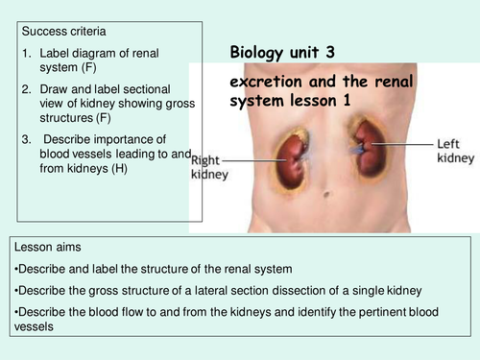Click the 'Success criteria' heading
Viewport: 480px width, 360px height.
coord(63,32)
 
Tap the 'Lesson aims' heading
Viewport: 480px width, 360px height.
coord(48,247)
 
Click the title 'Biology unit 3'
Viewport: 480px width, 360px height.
coord(282,53)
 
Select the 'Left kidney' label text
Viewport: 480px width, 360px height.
coord(456,151)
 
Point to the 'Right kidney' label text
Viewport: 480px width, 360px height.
coord(209,167)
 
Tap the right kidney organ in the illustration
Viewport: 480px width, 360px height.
coord(292,161)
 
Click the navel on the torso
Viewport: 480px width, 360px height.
coord(326,194)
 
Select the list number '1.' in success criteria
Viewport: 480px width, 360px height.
coord(27,54)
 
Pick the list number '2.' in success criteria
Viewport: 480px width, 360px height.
coord(27,89)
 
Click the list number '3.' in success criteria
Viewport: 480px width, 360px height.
coord(27,139)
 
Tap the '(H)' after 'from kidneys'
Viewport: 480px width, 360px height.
coord(119,168)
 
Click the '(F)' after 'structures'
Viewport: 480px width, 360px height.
coord(103,118)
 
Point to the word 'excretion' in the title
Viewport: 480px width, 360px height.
coord(266,82)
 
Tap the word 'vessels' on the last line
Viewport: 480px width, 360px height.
coord(34,326)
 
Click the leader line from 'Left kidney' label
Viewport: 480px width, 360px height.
coord(402,144)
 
